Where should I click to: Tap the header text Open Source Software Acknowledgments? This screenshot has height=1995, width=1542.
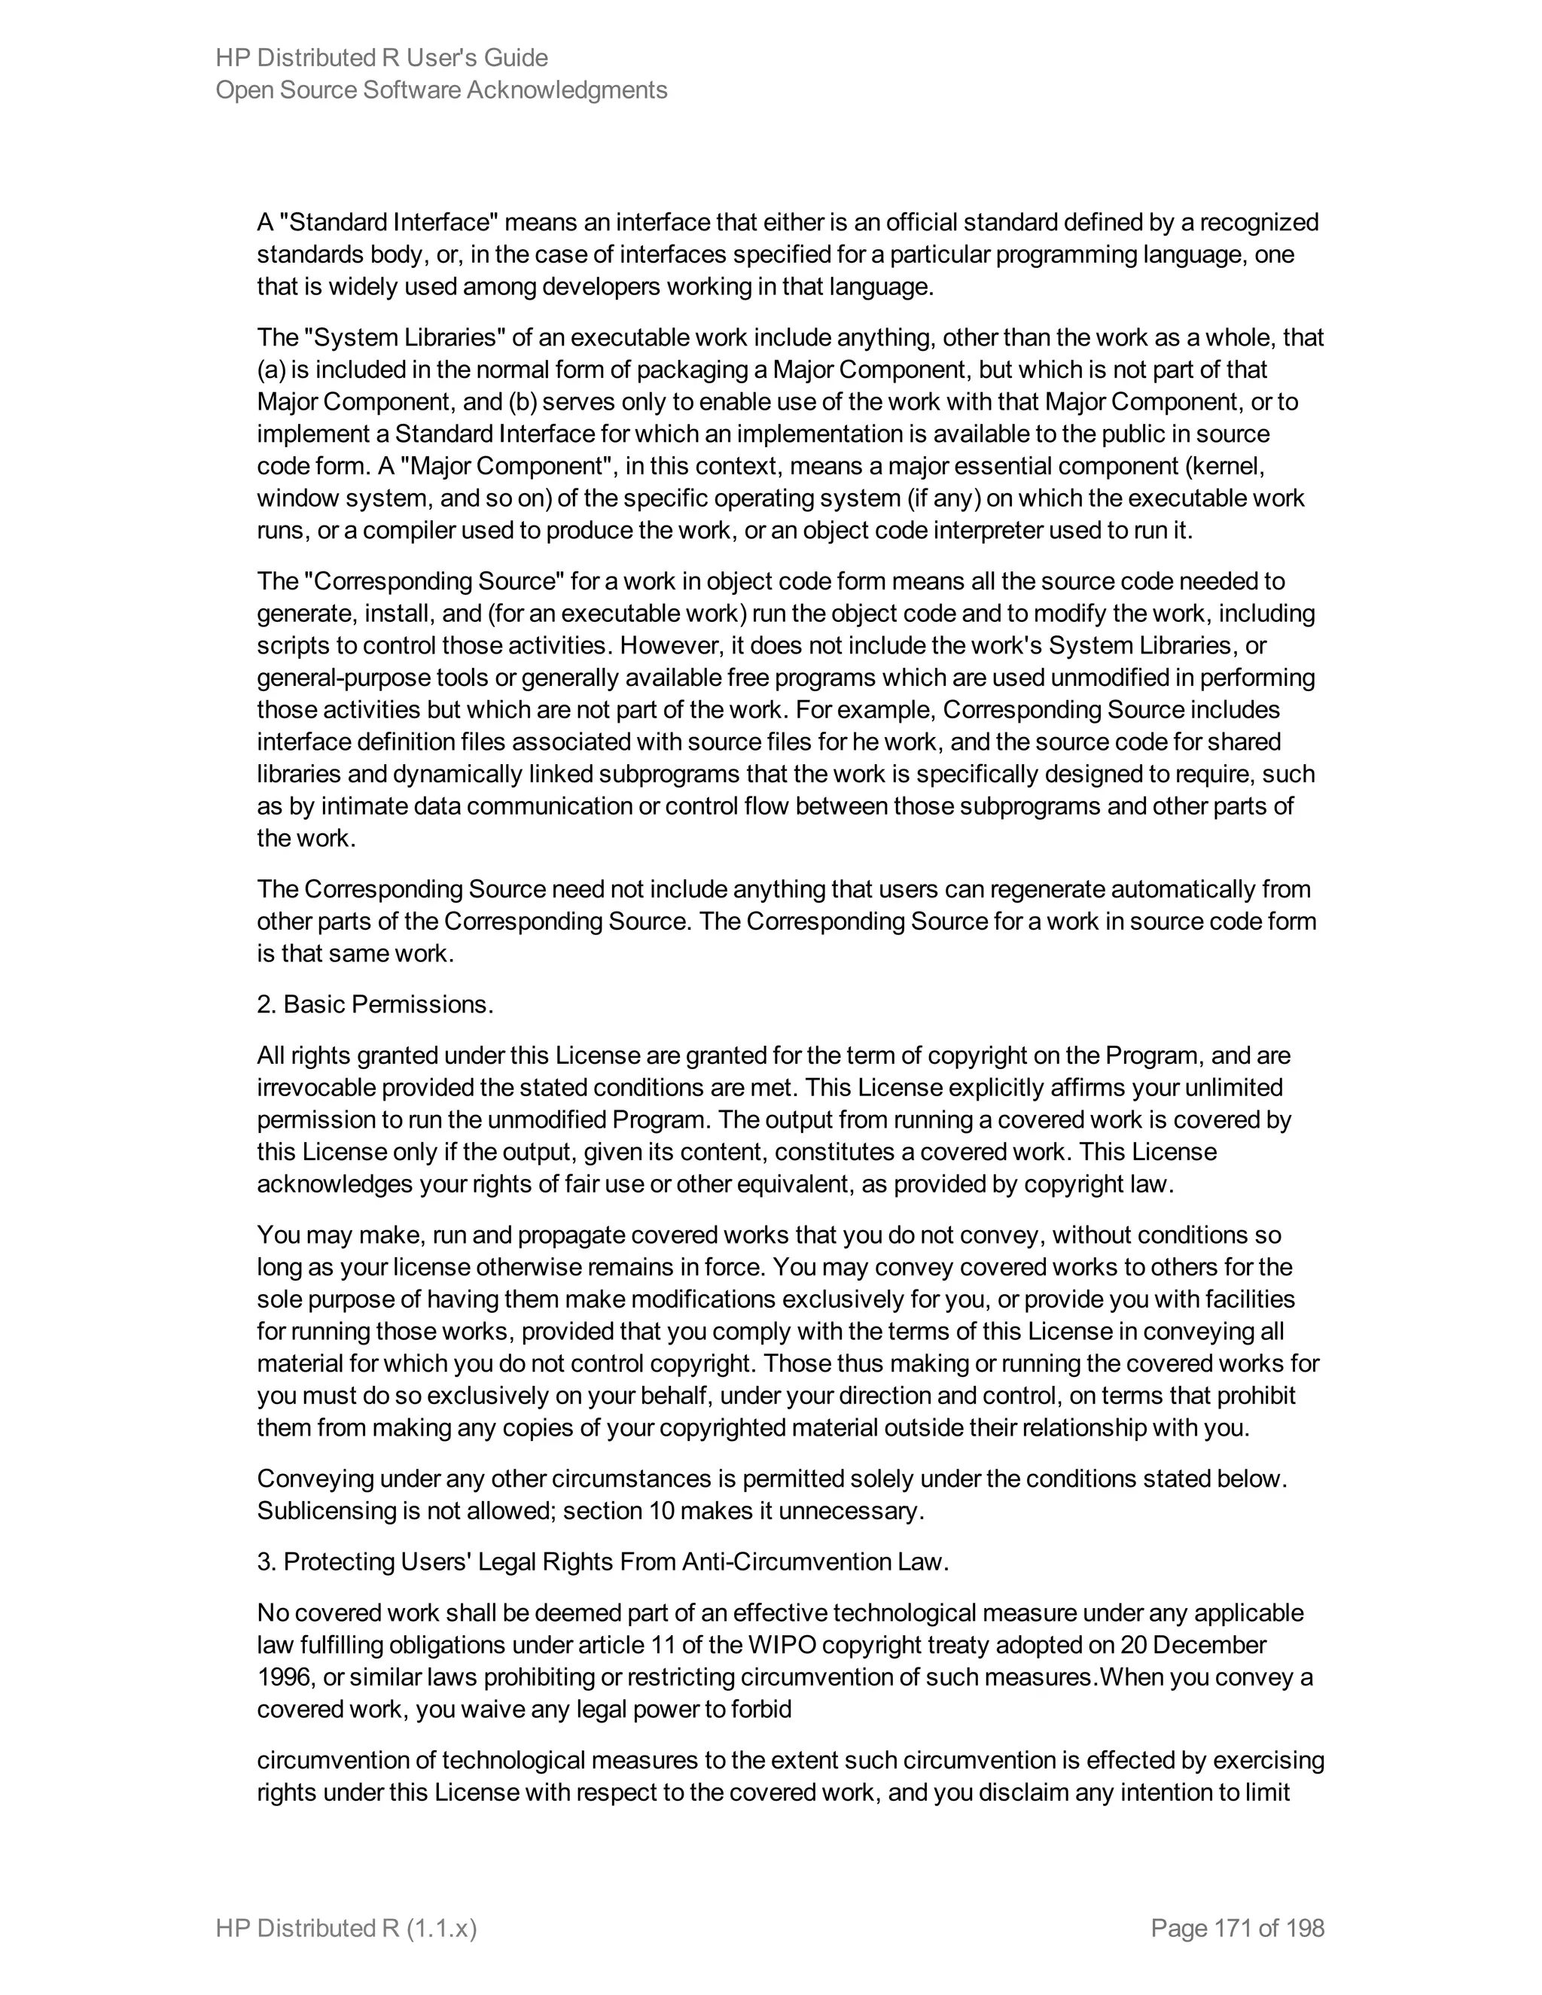(441, 90)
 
